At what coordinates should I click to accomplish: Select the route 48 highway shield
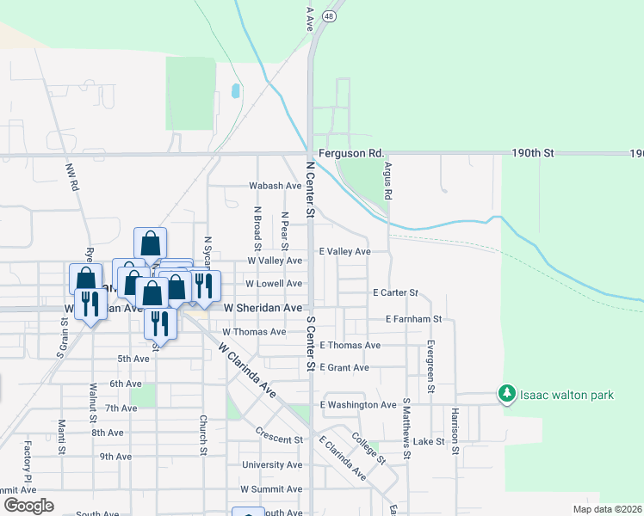pos(330,15)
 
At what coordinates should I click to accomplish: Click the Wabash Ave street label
pos(276,186)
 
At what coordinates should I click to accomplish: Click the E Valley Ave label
pos(344,252)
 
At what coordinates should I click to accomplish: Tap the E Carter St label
pos(395,292)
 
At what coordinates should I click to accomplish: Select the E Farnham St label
pos(413,319)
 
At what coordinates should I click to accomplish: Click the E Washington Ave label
pos(358,404)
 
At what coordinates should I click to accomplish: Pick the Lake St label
pos(428,441)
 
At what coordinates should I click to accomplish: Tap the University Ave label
pos(271,464)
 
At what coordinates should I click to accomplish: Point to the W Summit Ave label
pos(271,488)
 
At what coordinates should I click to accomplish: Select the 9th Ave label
pos(114,457)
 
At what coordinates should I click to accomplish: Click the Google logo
pos(28,506)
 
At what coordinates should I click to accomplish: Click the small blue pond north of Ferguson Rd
pos(235,91)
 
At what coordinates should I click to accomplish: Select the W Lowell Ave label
pos(274,283)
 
